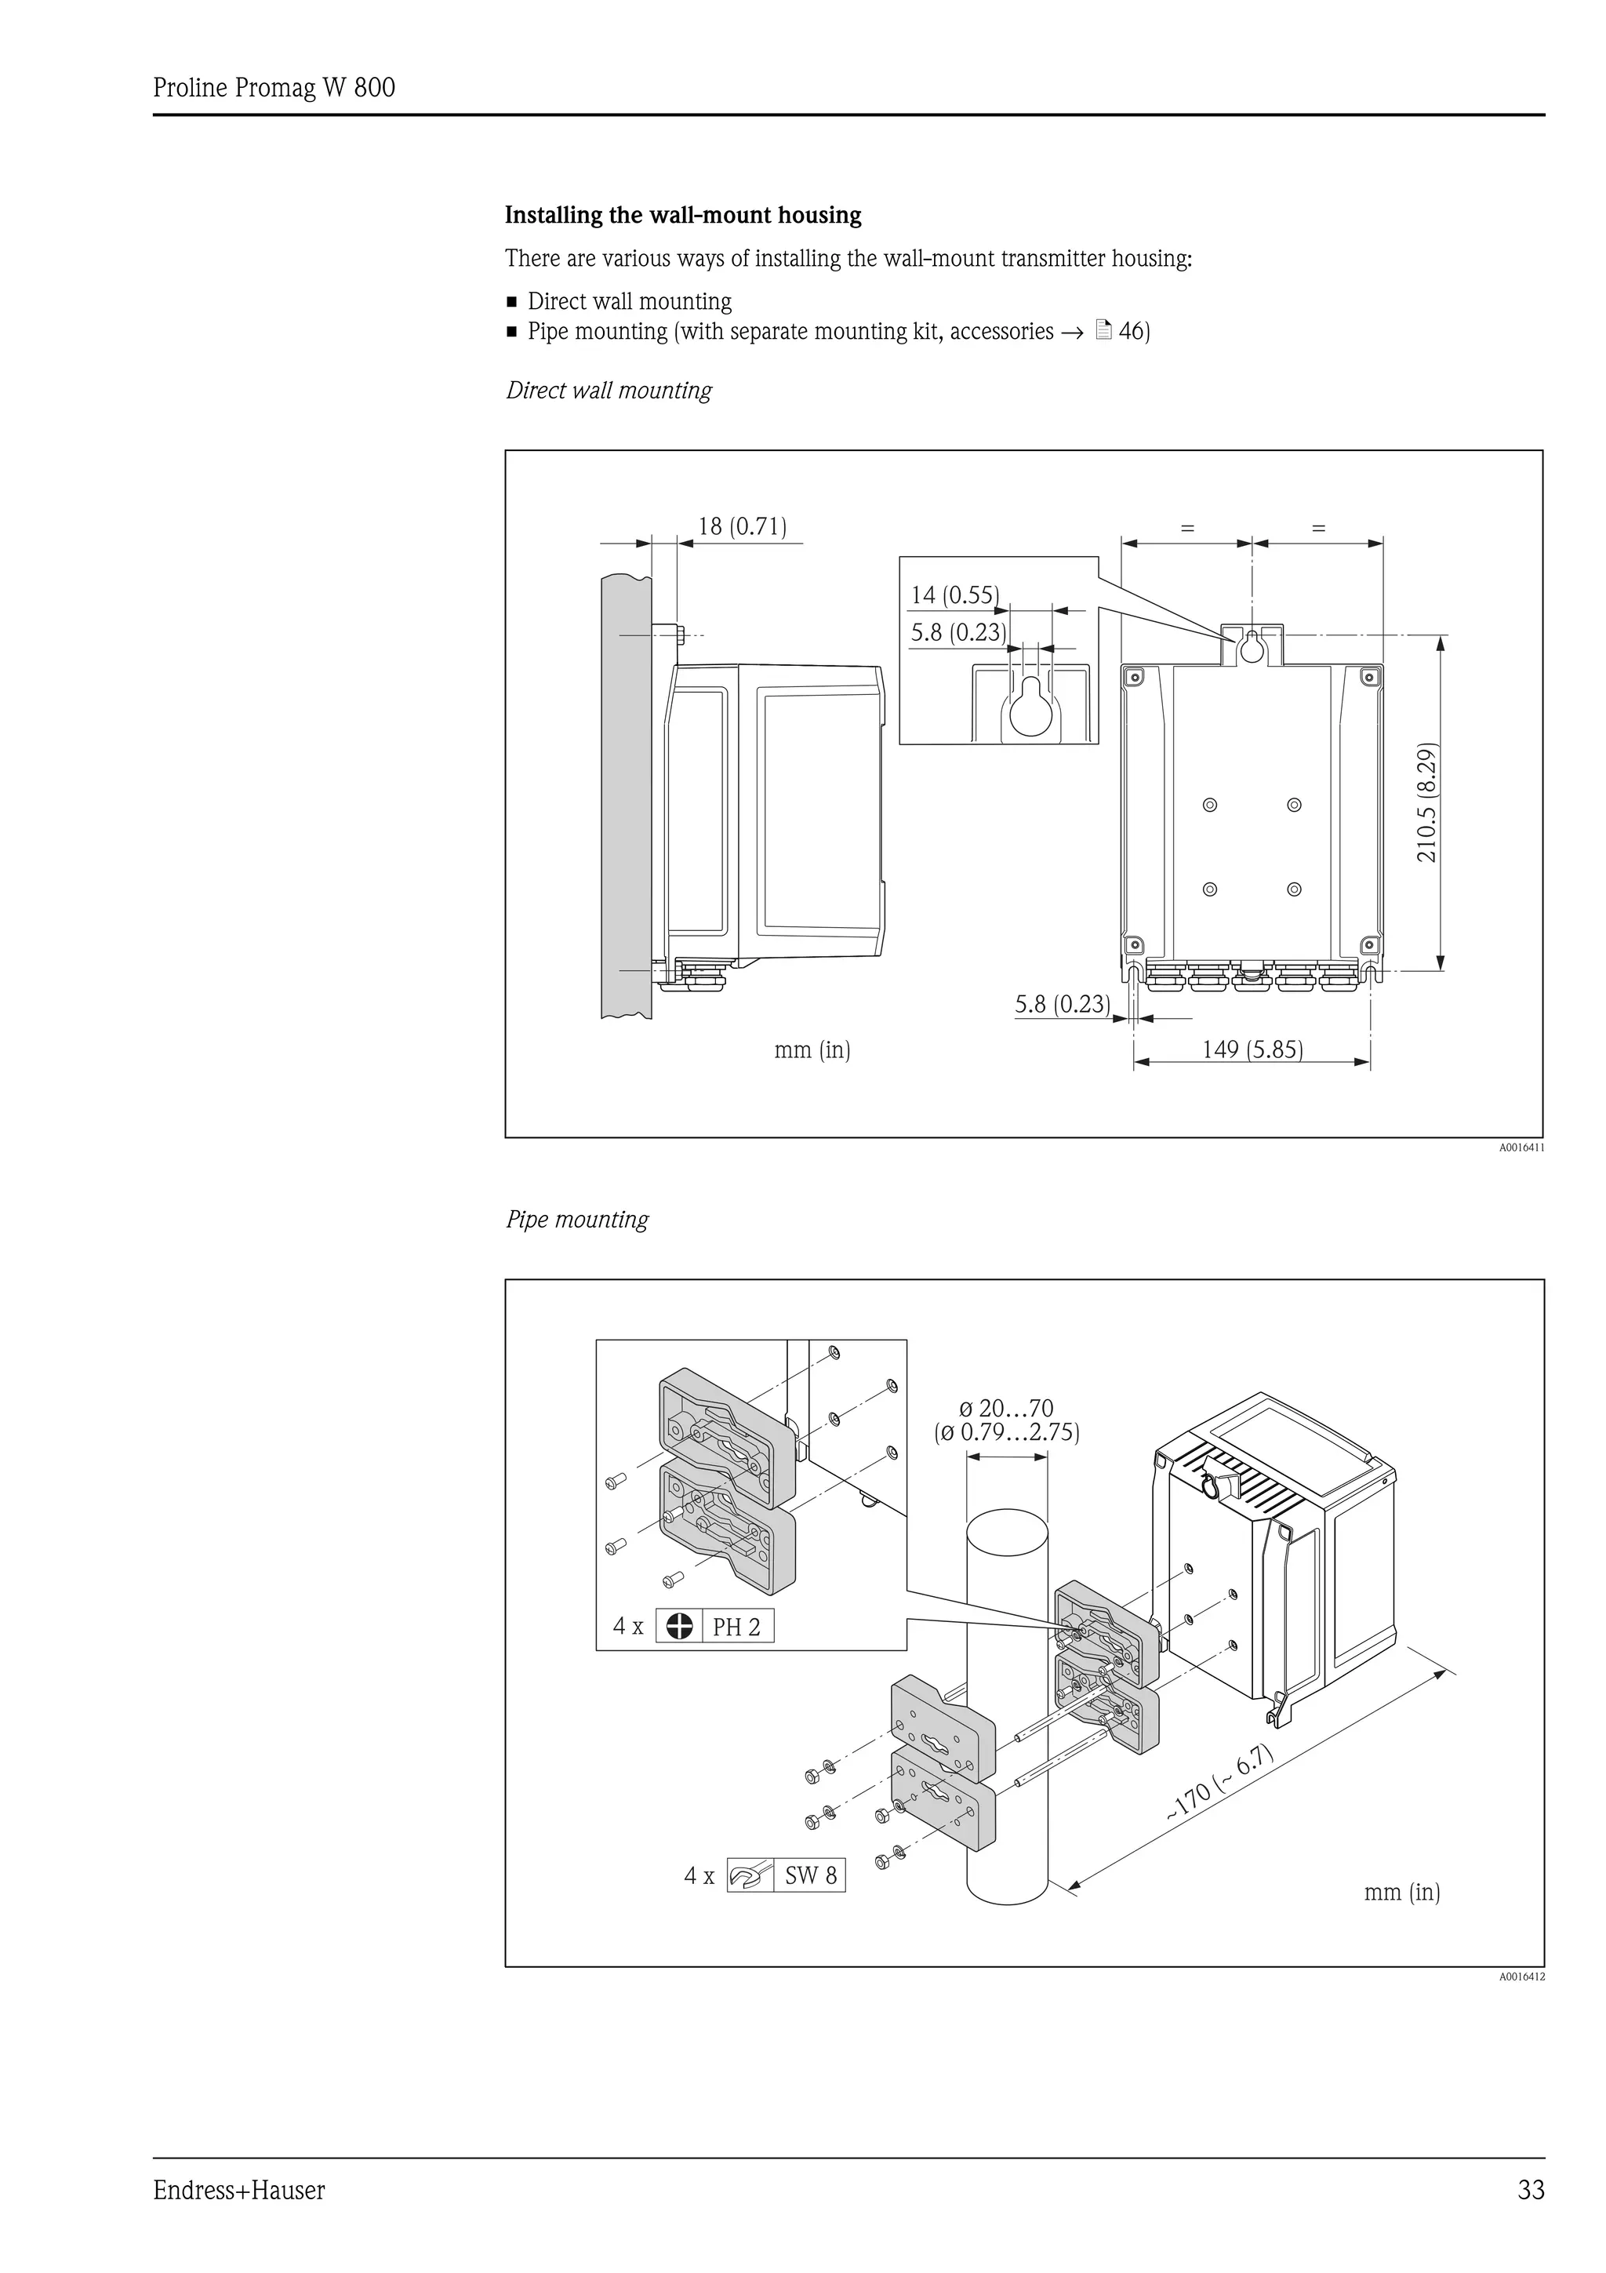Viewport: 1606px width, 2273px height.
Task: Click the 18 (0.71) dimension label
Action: (x=742, y=526)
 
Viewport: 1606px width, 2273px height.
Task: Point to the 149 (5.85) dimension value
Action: (x=1252, y=1049)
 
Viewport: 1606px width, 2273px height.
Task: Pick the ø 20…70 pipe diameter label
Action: (x=1006, y=1408)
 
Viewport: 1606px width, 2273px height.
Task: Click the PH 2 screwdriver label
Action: (x=736, y=1627)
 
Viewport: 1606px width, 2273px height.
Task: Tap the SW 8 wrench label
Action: (x=810, y=1875)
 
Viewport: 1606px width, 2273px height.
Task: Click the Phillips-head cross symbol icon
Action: (x=680, y=1626)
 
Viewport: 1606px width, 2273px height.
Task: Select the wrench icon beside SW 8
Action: (x=750, y=1875)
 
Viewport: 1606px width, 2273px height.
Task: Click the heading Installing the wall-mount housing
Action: (x=683, y=215)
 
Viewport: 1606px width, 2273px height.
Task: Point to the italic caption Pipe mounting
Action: (x=577, y=1220)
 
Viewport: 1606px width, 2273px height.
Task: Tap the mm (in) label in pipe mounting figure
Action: (x=1401, y=1892)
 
